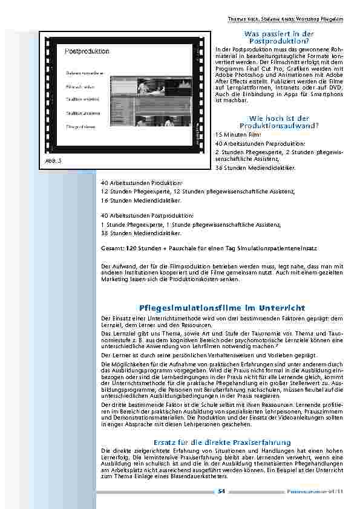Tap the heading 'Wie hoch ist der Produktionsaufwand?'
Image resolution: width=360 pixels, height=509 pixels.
click(279, 122)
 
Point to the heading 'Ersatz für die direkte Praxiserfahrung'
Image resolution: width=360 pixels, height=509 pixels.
click(223, 442)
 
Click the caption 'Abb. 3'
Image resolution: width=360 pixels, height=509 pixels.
click(54, 161)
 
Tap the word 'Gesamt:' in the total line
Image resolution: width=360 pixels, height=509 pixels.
click(113, 248)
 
